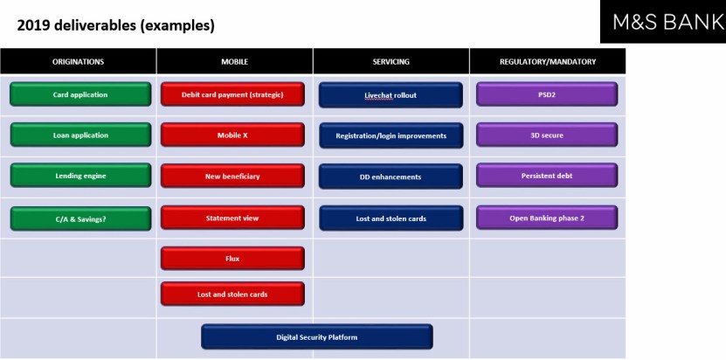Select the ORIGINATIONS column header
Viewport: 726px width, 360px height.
79,61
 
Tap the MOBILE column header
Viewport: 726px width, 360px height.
235,61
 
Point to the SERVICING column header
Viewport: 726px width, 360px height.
391,61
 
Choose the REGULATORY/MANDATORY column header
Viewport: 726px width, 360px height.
548,61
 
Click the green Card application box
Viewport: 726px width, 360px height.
80,94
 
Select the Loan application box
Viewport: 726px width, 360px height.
80,135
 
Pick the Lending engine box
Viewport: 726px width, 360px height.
80,176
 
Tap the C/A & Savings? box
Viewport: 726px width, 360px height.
80,218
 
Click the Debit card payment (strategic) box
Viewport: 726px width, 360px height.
232,94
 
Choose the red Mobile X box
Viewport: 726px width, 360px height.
232,135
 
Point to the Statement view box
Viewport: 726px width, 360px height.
232,218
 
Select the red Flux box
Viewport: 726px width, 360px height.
232,259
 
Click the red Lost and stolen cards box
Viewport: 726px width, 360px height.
232,294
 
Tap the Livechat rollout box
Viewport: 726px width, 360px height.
391,95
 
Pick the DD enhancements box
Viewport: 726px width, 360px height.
391,177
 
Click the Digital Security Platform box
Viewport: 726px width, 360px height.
317,336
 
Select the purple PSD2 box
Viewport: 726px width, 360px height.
547,94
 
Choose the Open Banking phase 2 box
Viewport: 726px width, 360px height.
547,218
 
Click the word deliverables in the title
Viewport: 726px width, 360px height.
95,26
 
